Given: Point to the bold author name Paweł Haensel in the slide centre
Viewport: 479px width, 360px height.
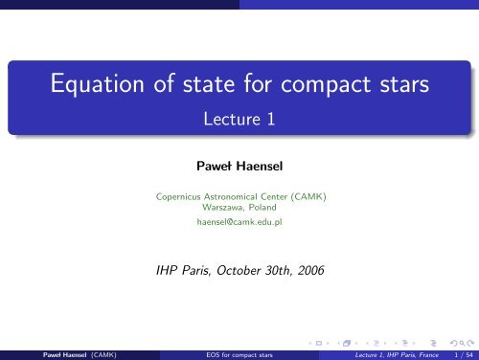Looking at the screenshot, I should [239, 167].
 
